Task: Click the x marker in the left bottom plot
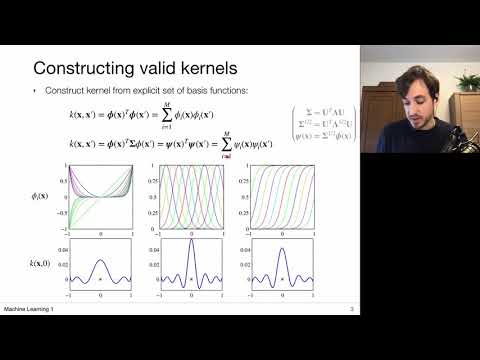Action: coord(100,278)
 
